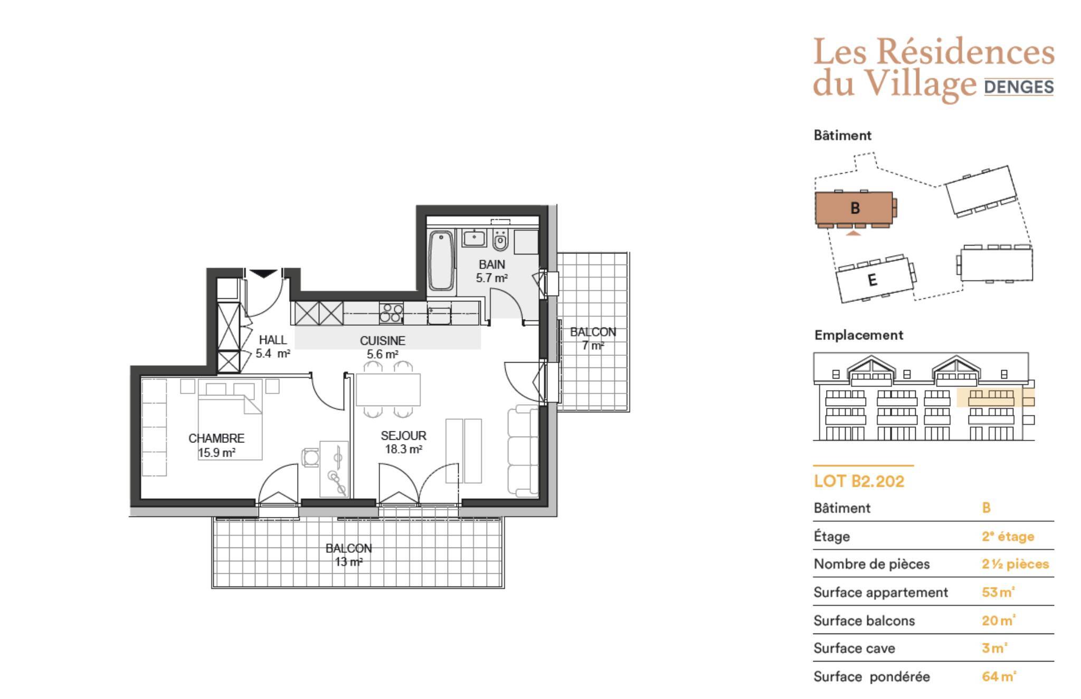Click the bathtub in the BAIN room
(441, 261)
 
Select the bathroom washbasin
(474, 238)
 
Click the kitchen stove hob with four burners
(391, 312)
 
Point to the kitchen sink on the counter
(439, 315)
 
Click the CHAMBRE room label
(216, 438)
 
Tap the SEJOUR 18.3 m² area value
(404, 449)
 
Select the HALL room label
(273, 340)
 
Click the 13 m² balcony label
(349, 562)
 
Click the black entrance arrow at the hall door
(263, 273)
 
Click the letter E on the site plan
(872, 279)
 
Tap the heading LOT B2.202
(859, 481)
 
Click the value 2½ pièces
(1015, 564)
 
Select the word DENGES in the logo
(1019, 87)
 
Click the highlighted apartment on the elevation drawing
(985, 398)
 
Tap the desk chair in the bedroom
(310, 457)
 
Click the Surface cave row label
(854, 648)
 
